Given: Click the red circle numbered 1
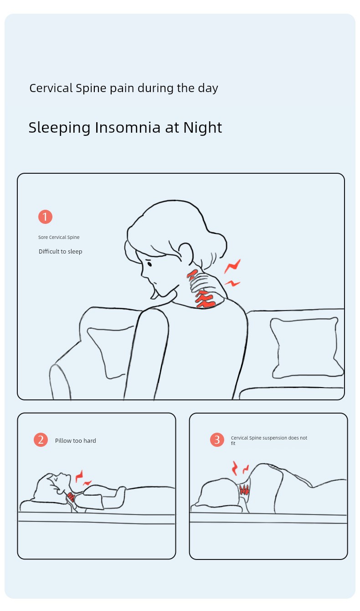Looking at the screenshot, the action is pos(45,217).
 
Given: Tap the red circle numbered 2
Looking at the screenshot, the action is pos(41,440).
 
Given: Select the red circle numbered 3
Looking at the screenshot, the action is pos(217,440).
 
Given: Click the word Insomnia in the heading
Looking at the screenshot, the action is pos(128,127).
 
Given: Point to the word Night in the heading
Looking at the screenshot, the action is pos(203,127).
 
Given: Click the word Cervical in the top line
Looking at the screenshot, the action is pos(51,88).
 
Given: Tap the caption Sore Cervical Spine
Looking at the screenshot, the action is pos(59,237).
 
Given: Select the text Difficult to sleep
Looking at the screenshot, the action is pos(60,251).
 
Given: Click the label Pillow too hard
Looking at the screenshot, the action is pos(76,440).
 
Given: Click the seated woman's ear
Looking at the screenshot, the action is pos(186,254).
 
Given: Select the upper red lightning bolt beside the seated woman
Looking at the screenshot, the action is pos(232,266).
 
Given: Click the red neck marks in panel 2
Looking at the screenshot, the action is pos(71,497).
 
